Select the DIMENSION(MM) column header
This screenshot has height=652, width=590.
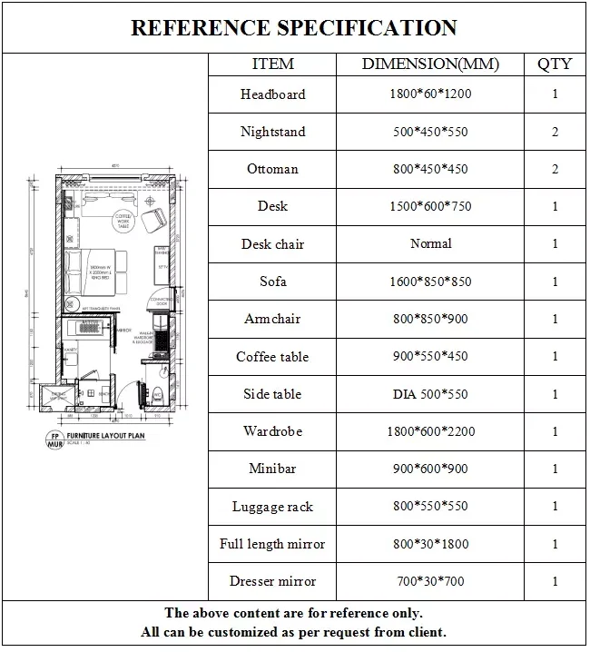click(430, 64)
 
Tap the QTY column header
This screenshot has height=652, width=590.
click(555, 64)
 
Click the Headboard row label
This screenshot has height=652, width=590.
click(272, 94)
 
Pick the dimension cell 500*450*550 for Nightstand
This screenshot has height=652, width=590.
click(430, 132)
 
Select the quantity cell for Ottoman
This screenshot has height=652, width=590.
click(555, 169)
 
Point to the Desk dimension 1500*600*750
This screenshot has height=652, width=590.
click(430, 206)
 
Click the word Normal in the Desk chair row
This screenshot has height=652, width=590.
click(430, 243)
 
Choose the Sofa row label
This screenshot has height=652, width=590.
click(272, 282)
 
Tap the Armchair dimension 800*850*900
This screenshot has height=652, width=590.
click(430, 319)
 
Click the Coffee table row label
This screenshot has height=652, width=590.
click(272, 357)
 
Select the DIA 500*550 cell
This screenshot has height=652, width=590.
click(430, 394)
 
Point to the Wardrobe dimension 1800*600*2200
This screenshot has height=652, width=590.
click(430, 431)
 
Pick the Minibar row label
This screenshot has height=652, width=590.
click(272, 469)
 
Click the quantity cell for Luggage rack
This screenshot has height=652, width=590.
click(555, 507)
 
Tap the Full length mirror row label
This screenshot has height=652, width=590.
click(272, 544)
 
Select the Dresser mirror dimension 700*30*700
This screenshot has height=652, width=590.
click(430, 581)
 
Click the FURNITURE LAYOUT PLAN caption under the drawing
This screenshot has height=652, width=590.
click(99, 436)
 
